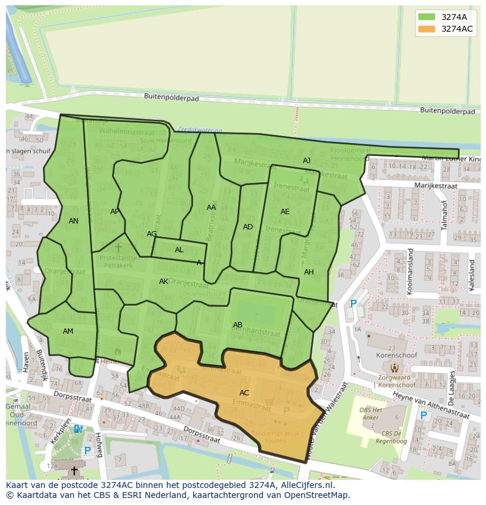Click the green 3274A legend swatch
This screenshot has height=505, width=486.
pos(427,17)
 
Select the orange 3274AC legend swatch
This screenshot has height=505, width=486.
pos(427,29)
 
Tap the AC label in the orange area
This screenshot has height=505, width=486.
pos(244,393)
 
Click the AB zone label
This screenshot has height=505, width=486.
pos(238,325)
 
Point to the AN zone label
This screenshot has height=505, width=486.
pos(73,221)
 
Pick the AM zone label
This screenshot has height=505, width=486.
pos(68,331)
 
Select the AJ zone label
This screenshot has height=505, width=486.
pos(306,161)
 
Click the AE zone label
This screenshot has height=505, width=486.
pos(285,212)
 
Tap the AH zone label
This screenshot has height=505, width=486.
pos(309,272)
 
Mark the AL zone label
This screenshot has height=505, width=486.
pos(179,250)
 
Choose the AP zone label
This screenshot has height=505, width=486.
pos(115,212)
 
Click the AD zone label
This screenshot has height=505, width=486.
pos(248,227)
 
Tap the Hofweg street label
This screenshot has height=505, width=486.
pos(99,445)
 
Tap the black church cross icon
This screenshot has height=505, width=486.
pos(74,471)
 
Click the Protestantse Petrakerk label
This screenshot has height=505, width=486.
pos(118,260)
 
